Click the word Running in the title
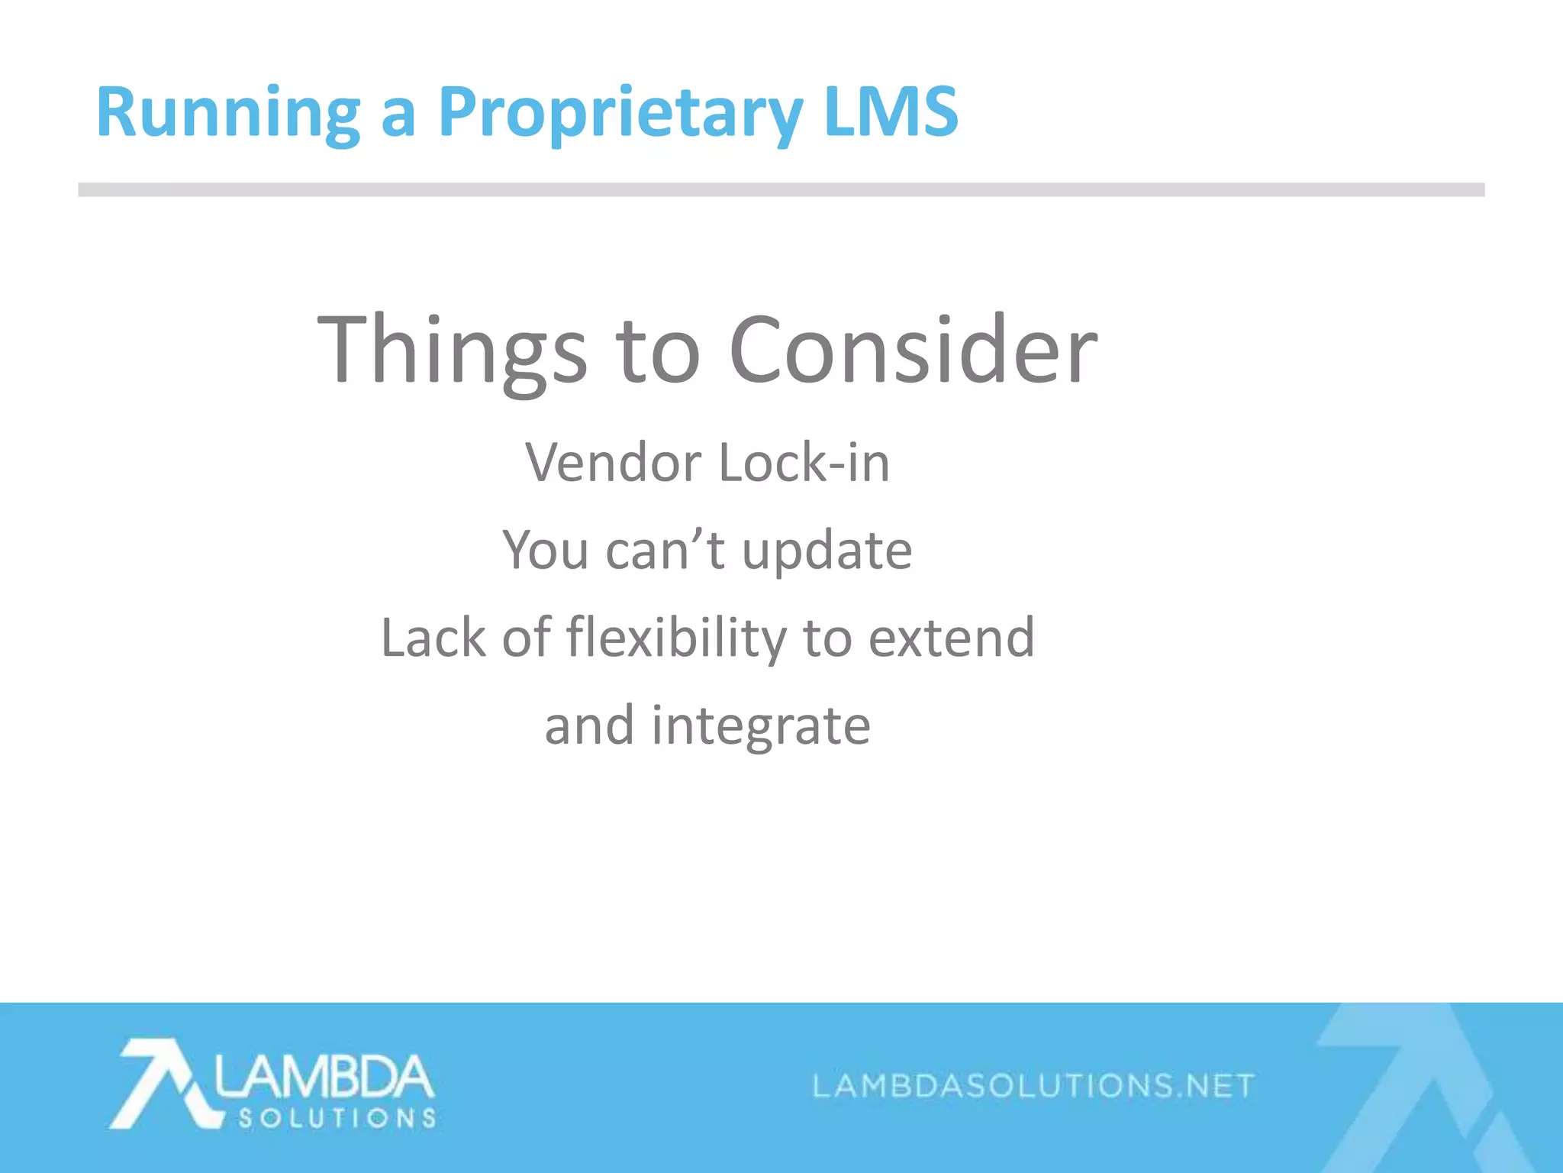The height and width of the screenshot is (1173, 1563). coord(227,113)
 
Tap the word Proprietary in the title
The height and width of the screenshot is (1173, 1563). coord(620,113)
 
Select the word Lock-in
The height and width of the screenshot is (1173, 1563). coord(804,463)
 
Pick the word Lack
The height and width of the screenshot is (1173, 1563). coord(433,638)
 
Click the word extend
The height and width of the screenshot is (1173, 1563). coord(952,638)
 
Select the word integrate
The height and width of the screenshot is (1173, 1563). coord(760,726)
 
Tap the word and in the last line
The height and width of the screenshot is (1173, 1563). coord(589,725)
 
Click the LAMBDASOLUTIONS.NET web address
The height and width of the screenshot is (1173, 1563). coord(1033,1085)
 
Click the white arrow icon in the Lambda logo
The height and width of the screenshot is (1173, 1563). coord(162,1082)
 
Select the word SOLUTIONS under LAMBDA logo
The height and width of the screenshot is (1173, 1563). coord(337,1119)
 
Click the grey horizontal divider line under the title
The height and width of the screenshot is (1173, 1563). coord(781,189)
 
